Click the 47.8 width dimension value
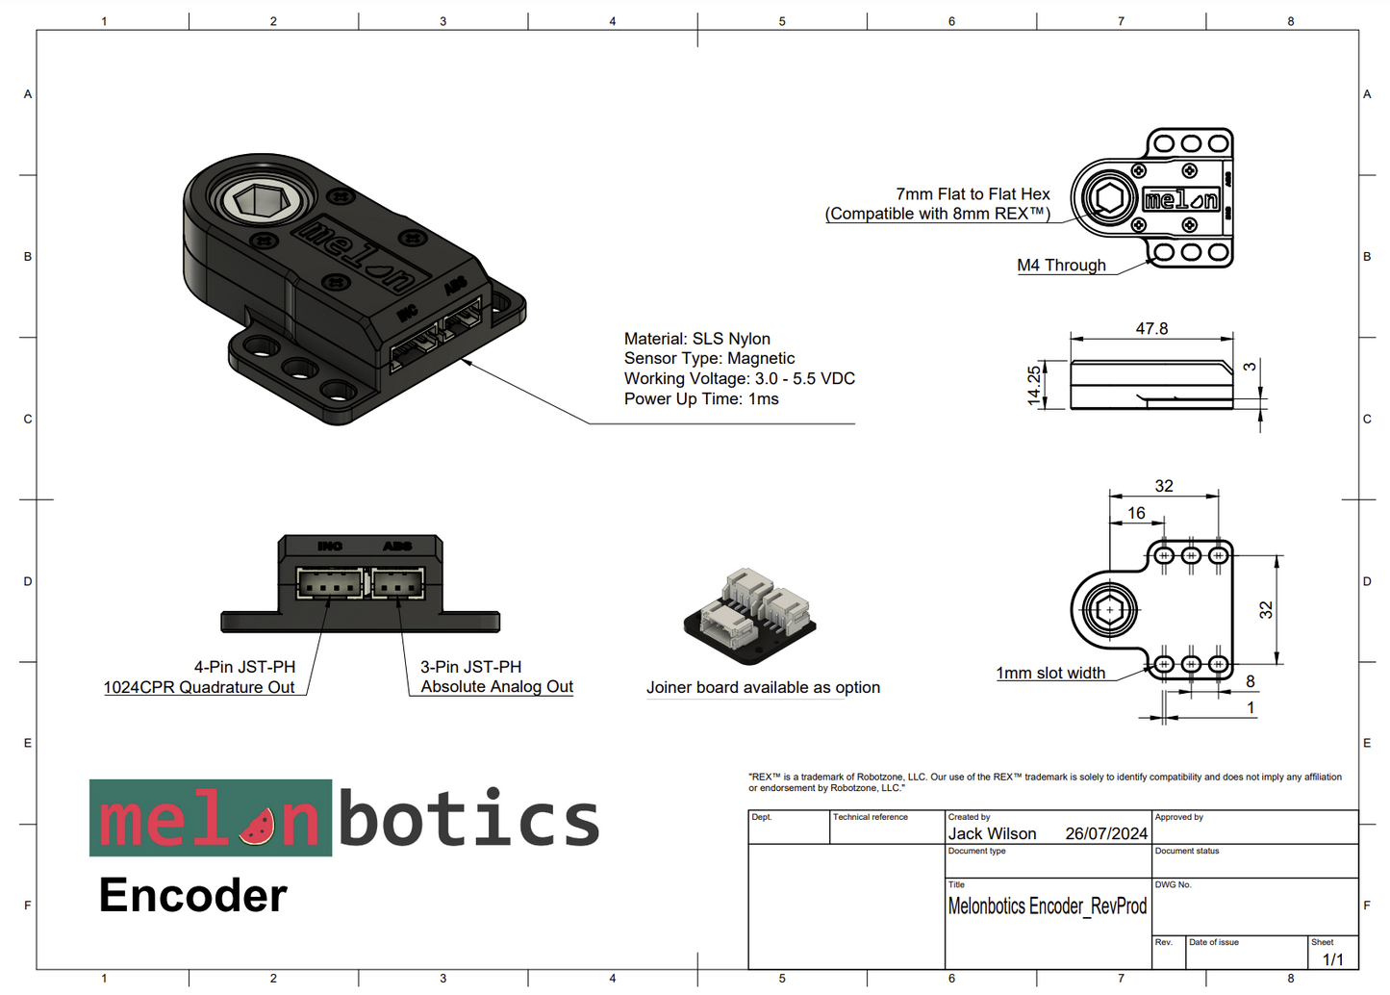[x=1151, y=329]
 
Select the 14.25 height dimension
[x=1034, y=385]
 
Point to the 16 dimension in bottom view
[x=1136, y=513]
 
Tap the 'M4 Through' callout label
[x=1061, y=266]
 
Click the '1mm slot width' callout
[x=1050, y=674]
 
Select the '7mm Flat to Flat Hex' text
[x=973, y=194]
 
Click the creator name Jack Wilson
[x=992, y=834]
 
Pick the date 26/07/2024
[x=1106, y=834]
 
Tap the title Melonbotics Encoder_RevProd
[x=1047, y=906]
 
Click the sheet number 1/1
[x=1332, y=959]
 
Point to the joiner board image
[x=750, y=615]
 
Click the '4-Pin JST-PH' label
[x=244, y=667]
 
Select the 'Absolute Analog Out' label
[x=496, y=687]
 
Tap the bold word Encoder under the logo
[x=192, y=896]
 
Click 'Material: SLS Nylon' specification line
[x=696, y=339]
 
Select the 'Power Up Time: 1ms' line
[x=701, y=399]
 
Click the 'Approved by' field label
[x=1178, y=817]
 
